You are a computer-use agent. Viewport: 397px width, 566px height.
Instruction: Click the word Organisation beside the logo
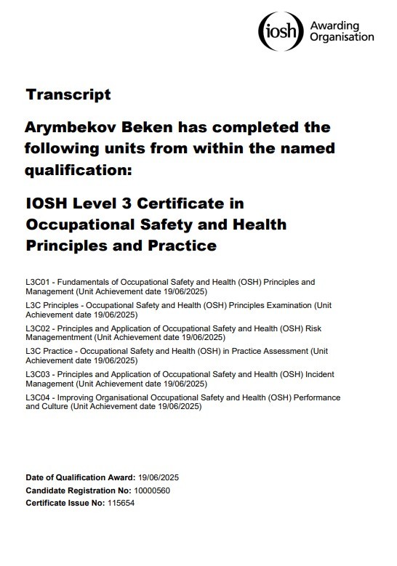342,37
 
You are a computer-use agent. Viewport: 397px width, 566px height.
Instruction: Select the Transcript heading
68,94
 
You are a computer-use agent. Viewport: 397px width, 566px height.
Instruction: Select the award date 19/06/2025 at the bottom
159,477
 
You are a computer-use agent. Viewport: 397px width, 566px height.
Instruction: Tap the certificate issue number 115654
120,502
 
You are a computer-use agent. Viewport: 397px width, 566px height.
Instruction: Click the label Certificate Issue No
63,502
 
